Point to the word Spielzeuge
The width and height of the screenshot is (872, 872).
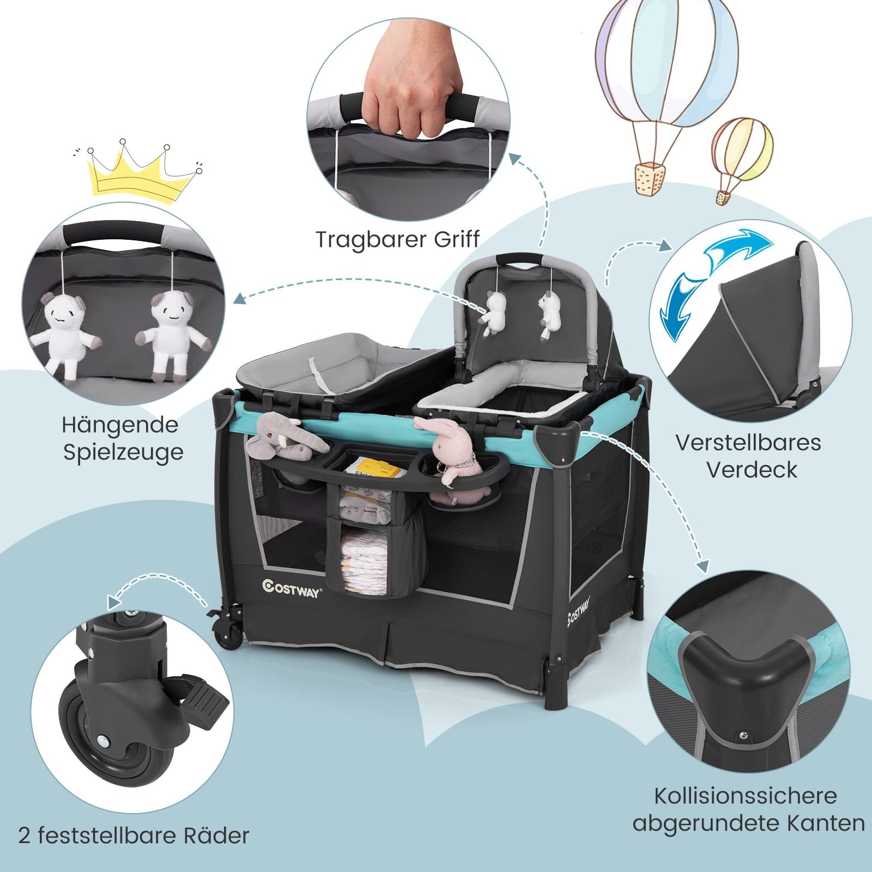click(x=123, y=453)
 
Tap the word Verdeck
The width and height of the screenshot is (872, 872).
click(x=752, y=469)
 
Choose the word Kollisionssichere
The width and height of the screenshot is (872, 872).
click(x=745, y=796)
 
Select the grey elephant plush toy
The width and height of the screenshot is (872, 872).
click(x=283, y=436)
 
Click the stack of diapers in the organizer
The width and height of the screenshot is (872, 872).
click(x=363, y=567)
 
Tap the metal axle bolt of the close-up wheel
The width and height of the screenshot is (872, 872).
click(x=102, y=741)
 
